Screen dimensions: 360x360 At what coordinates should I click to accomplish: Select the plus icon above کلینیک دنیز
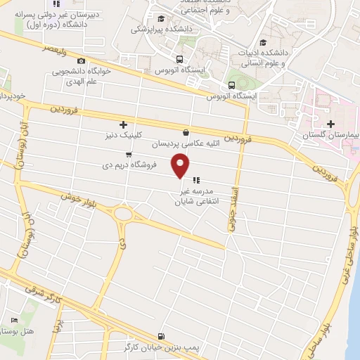(124, 124)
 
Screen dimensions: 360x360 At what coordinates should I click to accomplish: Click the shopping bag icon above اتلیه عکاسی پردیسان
(185, 132)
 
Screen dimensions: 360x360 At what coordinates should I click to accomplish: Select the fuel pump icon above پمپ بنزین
(162, 336)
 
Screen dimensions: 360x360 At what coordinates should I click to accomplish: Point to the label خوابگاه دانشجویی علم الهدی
(79, 76)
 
